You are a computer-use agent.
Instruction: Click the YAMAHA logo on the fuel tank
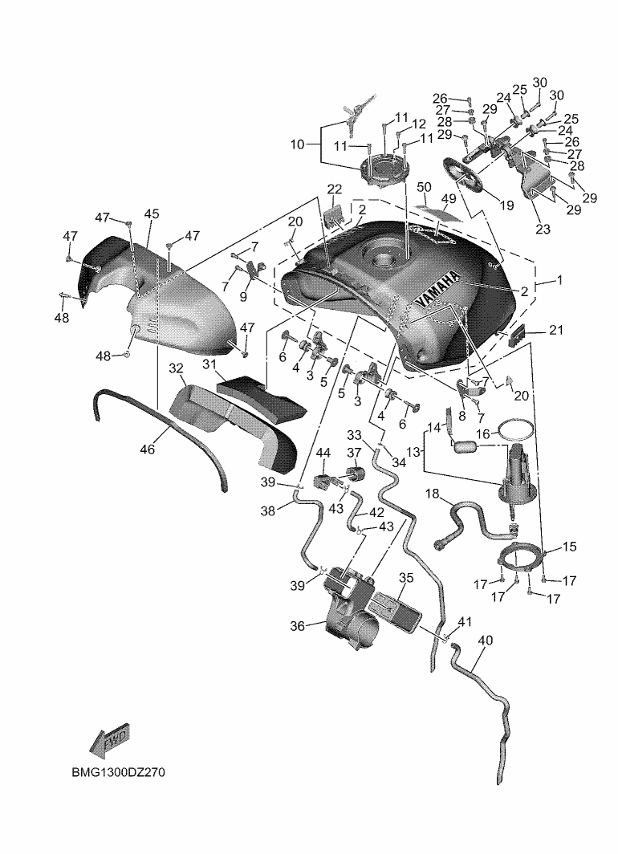pyautogui.click(x=438, y=288)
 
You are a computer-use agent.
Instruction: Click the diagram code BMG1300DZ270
pyautogui.click(x=120, y=774)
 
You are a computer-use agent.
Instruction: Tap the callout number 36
pyautogui.click(x=297, y=626)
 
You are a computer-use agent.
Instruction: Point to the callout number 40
pyautogui.click(x=485, y=640)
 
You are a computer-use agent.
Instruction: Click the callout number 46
pyautogui.click(x=147, y=450)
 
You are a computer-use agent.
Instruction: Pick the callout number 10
pyautogui.click(x=298, y=145)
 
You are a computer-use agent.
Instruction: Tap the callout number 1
pyautogui.click(x=559, y=282)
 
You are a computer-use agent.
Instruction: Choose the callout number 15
pyautogui.click(x=569, y=547)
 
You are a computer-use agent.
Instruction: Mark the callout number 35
pyautogui.click(x=406, y=577)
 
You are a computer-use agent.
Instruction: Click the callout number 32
pyautogui.click(x=177, y=368)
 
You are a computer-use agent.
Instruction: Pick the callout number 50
pyautogui.click(x=425, y=187)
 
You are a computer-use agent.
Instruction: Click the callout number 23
pyautogui.click(x=543, y=228)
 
